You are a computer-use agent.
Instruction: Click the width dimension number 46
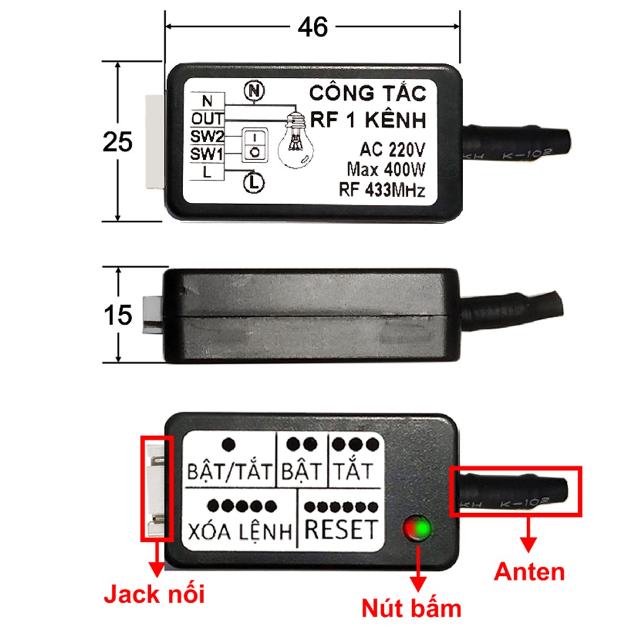coord(313,27)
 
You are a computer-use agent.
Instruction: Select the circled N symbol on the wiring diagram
coord(254,92)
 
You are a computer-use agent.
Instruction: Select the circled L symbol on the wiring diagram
coord(254,183)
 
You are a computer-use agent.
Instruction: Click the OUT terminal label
coord(207,119)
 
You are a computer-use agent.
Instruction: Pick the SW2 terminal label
coord(207,137)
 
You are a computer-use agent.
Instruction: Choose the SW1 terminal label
coord(207,154)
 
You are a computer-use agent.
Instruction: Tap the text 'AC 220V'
coord(392,150)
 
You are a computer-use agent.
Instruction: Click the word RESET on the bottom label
coord(340,529)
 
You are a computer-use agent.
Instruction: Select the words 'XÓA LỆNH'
coord(241,532)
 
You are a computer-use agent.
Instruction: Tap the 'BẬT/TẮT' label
coord(230,473)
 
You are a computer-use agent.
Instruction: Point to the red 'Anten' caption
coord(530,571)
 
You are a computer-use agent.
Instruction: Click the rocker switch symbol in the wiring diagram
coord(254,144)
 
